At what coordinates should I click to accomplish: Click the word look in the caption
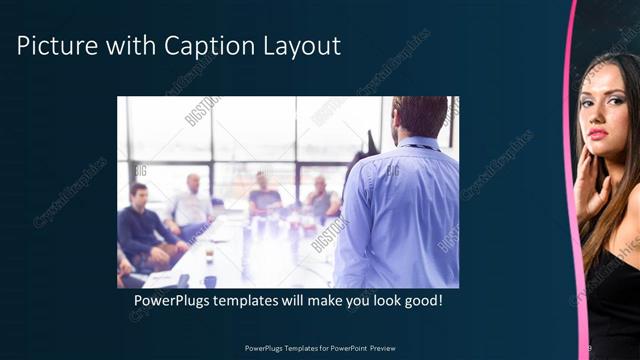[x=376, y=301]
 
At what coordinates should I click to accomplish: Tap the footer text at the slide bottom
[x=319, y=348]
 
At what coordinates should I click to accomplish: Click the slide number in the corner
[x=589, y=347]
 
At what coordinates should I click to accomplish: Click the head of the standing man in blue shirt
[x=419, y=117]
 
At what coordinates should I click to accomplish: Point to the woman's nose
[x=598, y=116]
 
